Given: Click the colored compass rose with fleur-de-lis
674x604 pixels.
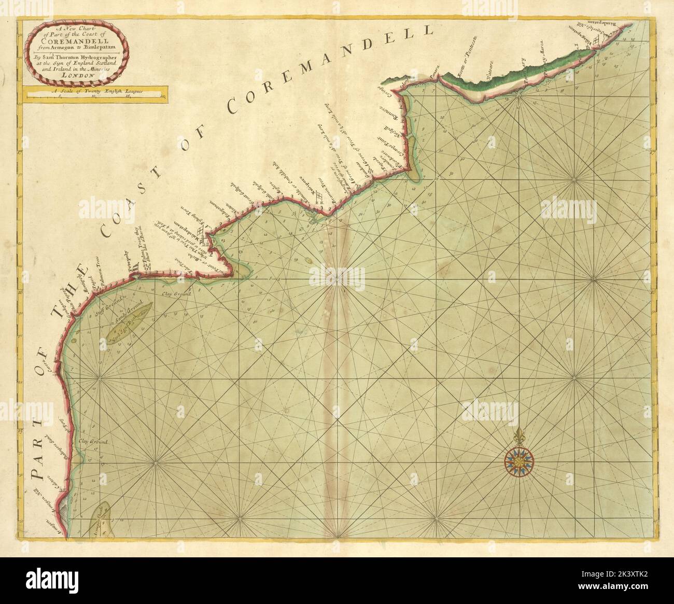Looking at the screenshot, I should click(517, 456).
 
